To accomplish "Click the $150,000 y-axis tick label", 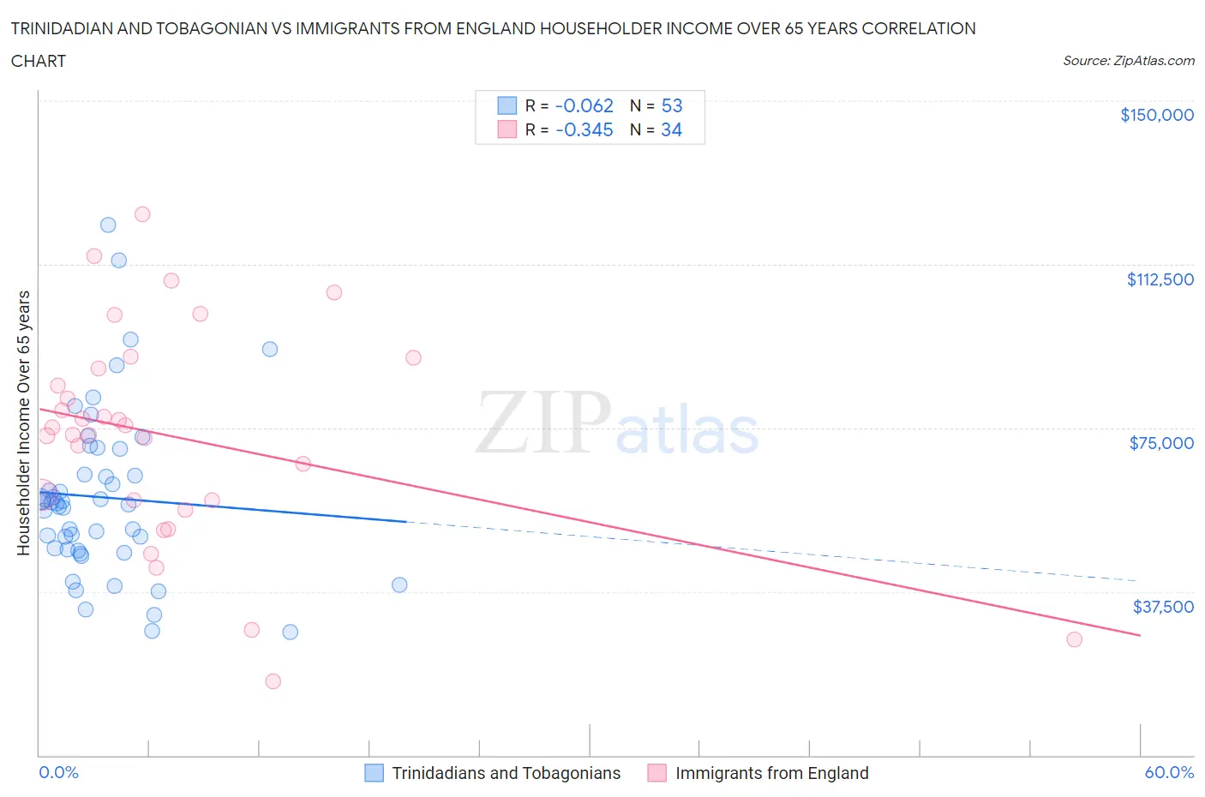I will click(x=1156, y=115).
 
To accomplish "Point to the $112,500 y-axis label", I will click(x=1160, y=279).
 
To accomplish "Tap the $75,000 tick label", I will click(x=1161, y=443).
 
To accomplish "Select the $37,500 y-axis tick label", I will click(x=1162, y=607).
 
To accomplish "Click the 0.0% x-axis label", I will click(x=58, y=772).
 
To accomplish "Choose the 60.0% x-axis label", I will click(x=1169, y=772).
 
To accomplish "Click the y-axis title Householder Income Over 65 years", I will click(x=23, y=422).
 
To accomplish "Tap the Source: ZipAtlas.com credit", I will click(x=1128, y=60).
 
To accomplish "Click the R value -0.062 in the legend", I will click(x=585, y=105).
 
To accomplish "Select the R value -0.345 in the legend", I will click(x=585, y=129).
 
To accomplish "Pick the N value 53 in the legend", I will click(x=672, y=105).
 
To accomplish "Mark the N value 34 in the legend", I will click(x=672, y=129).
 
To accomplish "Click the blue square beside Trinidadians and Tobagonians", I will click(x=375, y=773).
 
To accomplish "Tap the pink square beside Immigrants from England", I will click(x=657, y=773).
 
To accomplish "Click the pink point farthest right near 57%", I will click(x=1074, y=639).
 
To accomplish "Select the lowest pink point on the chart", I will click(x=273, y=681).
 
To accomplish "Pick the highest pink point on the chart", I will click(x=142, y=214).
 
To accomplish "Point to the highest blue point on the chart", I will click(x=108, y=225).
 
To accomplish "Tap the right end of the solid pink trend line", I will click(x=1140, y=635).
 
